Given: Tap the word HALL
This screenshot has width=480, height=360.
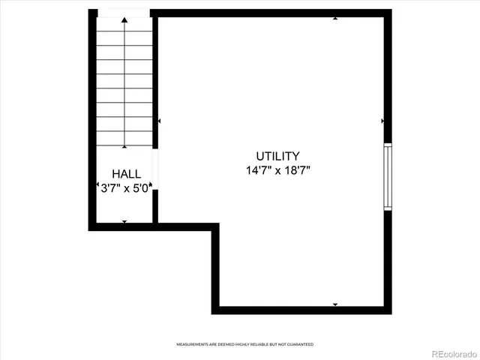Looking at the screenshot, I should (124, 173).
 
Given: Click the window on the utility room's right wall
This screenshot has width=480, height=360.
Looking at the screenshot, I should (388, 176).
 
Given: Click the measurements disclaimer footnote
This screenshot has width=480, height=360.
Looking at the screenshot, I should (244, 344).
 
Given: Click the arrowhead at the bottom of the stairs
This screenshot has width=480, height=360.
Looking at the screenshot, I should (124, 144).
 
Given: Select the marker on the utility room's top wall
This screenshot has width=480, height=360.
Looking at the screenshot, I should (334, 17).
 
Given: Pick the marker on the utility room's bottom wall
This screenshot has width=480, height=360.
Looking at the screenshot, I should (334, 304).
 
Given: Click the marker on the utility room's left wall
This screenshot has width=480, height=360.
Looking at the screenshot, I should (159, 121).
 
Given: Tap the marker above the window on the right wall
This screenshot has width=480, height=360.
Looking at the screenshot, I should (382, 121).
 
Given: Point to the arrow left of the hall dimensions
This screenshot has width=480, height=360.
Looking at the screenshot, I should (97, 185).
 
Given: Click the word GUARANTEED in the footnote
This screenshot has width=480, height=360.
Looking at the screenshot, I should (298, 344).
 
